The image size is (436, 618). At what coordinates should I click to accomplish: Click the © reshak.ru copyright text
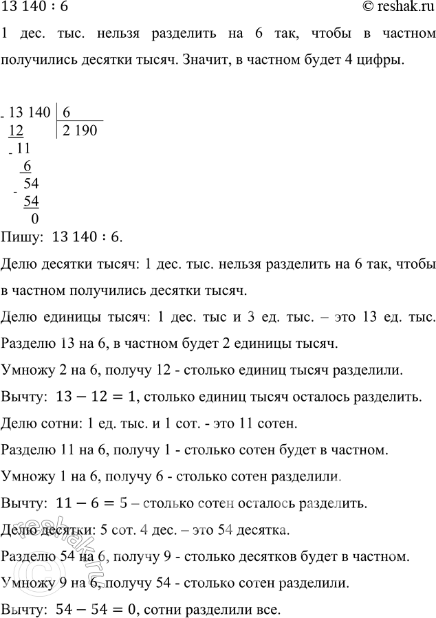pyautogui.click(x=393, y=8)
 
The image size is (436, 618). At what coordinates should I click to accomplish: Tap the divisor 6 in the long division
pyautogui.click(x=67, y=111)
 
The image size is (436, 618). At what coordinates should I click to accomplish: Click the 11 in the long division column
pyautogui.click(x=24, y=148)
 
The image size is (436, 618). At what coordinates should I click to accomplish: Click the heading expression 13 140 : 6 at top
pyautogui.click(x=34, y=8)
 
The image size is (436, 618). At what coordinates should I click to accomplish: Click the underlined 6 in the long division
pyautogui.click(x=28, y=166)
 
